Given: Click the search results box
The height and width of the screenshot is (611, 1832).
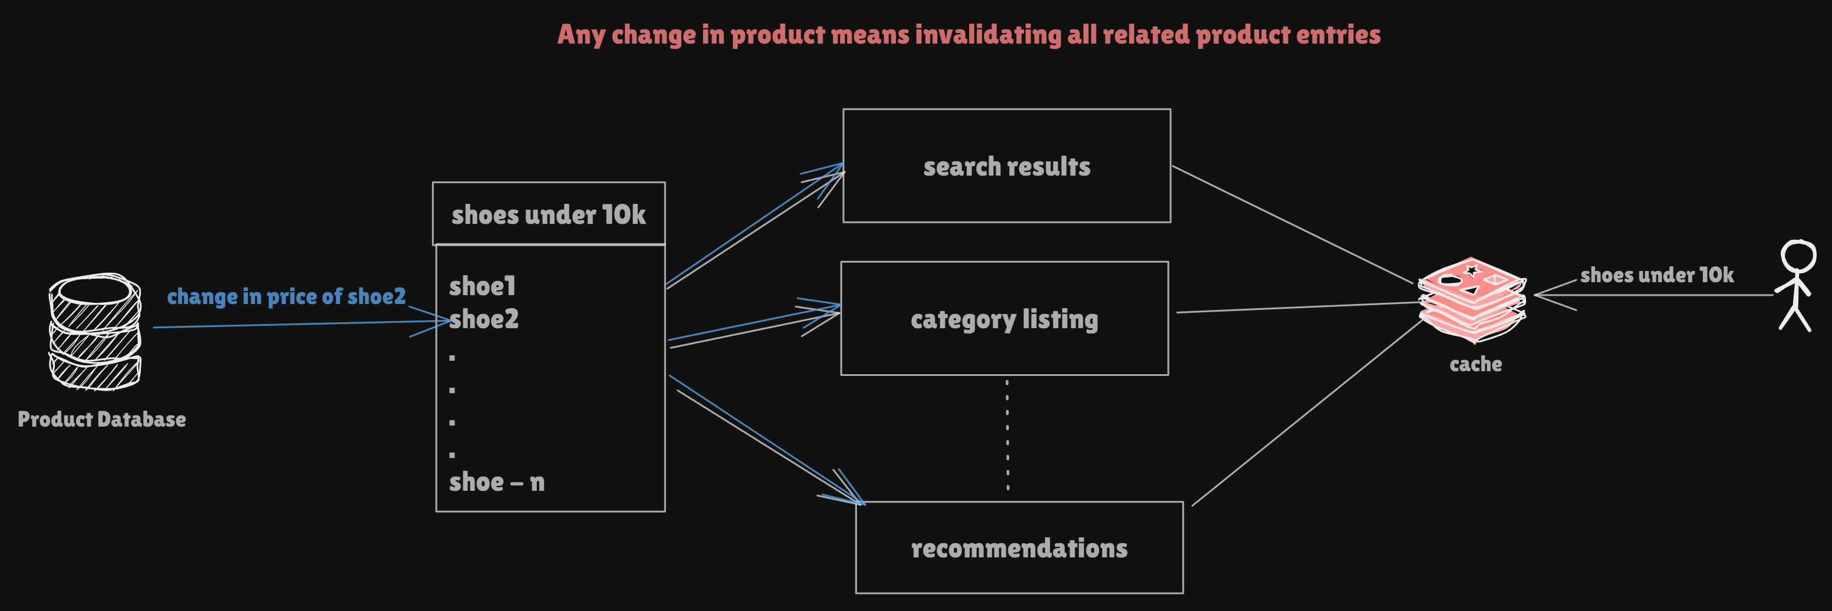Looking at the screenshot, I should [x=1006, y=166].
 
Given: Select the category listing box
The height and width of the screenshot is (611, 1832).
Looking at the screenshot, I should [x=1004, y=319].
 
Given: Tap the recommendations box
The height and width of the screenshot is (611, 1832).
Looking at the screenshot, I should [x=1019, y=548].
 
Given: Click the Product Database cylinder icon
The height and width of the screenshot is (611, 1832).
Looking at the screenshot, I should [x=94, y=332].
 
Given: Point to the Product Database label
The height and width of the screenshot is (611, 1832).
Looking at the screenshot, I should [x=102, y=419].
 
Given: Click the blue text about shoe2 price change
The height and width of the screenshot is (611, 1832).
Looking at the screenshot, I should [x=286, y=296].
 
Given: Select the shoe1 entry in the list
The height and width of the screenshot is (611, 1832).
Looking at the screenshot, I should [x=482, y=286].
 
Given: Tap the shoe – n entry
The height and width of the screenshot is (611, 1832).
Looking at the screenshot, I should [x=496, y=481].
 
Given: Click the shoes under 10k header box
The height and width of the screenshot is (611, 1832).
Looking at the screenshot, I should [x=548, y=214].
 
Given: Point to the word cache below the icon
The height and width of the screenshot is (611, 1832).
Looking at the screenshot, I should [x=1476, y=364].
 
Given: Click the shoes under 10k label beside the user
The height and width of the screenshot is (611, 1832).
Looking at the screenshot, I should [x=1656, y=275].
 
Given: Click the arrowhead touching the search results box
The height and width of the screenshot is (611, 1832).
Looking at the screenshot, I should [x=838, y=169].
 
